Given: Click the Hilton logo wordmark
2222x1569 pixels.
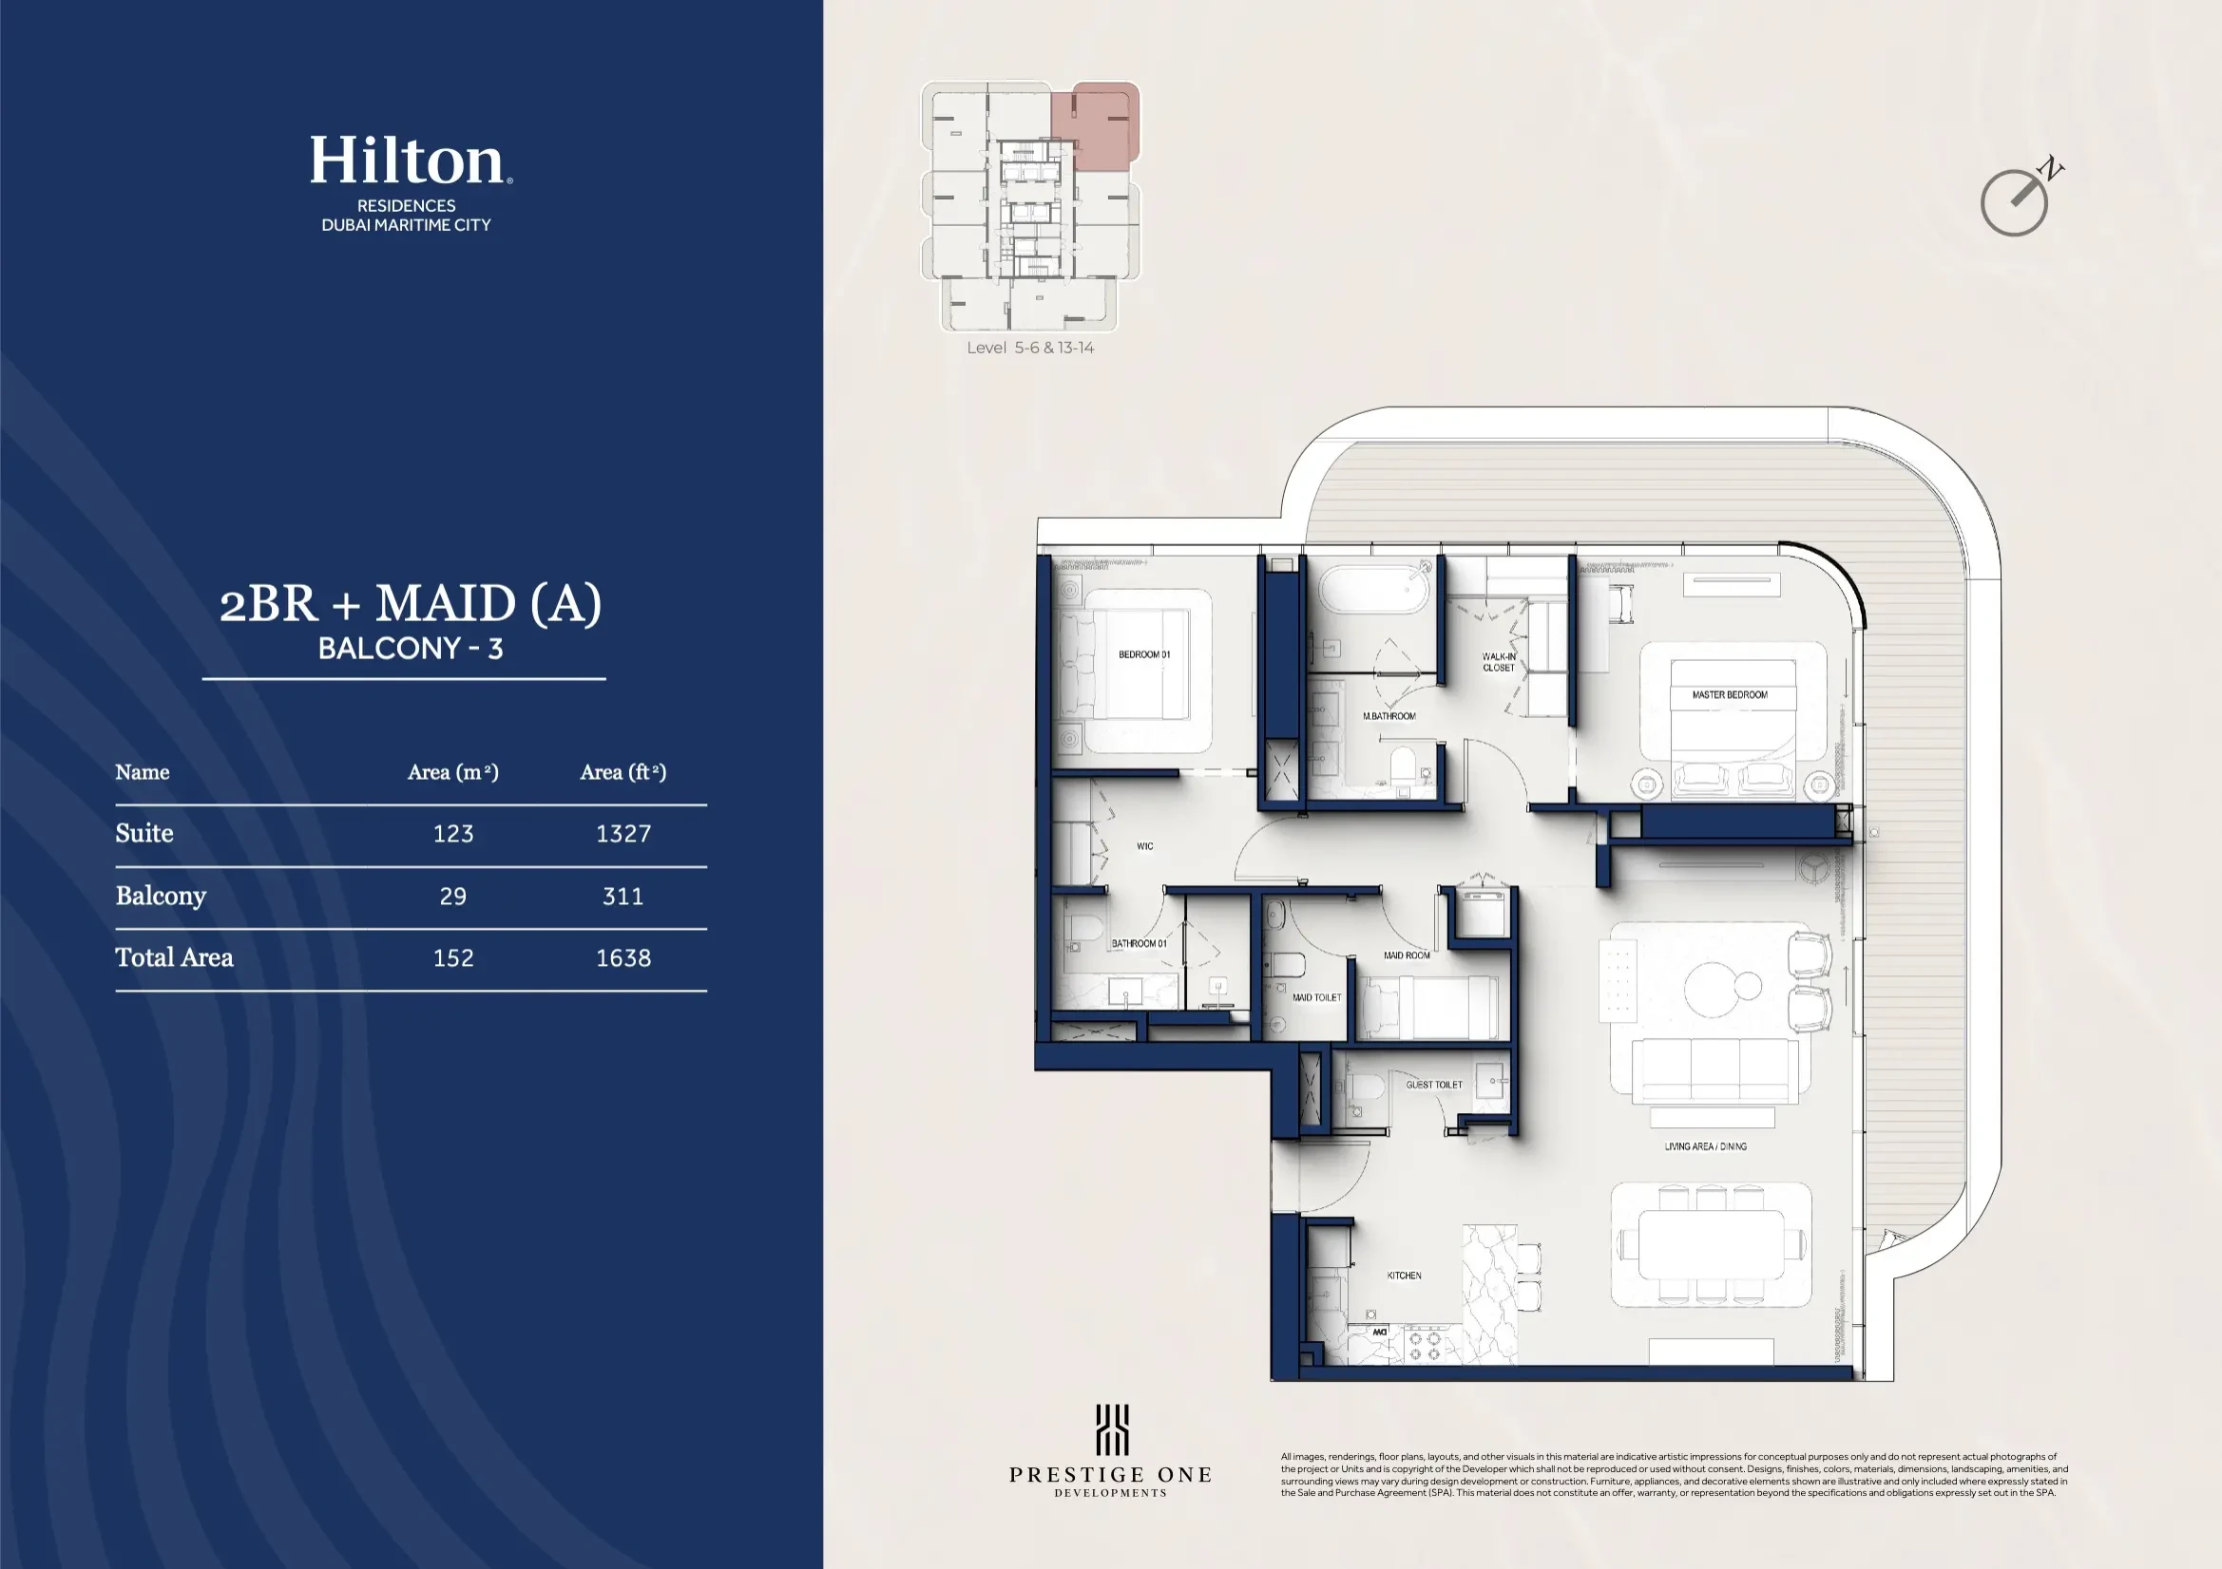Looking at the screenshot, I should (407, 161).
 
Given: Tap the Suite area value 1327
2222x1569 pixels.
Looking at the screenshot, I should (623, 834).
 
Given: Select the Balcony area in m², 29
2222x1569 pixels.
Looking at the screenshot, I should (453, 897).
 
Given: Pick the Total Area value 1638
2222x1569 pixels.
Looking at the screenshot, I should (623, 958).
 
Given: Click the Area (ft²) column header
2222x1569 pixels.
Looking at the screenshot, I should (623, 772).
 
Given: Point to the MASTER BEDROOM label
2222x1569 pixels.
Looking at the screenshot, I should (1730, 694).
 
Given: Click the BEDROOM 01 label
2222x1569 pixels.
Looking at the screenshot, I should (1144, 655).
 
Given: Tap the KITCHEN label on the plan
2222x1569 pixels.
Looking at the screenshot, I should (1404, 1276).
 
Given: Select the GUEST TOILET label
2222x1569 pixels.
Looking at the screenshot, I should (1433, 1085).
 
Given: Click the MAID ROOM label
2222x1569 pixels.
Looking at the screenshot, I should (1407, 955).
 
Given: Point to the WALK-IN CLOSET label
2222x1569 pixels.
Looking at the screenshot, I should (1498, 662).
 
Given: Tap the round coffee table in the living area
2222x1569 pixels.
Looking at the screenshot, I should (1715, 989).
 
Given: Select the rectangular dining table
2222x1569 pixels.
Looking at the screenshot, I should (1711, 1244).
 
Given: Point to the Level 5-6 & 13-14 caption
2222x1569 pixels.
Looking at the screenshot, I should (1029, 349).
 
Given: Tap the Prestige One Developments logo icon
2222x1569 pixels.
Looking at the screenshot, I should (1111, 1429).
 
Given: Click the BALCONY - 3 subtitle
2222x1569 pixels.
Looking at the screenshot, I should (411, 648).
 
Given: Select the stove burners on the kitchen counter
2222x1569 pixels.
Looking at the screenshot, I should (1424, 1346).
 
